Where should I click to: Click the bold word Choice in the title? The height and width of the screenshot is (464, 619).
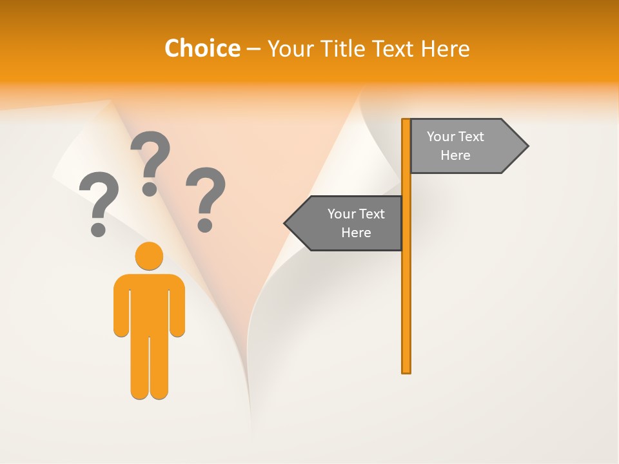point(202,48)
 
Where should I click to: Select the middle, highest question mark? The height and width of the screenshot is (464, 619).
point(150,161)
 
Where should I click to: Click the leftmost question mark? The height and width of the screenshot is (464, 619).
point(99,201)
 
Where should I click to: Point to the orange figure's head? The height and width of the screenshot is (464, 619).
point(149,256)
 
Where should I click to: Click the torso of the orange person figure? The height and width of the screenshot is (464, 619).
point(149,303)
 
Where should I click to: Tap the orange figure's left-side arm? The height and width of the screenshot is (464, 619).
point(121,306)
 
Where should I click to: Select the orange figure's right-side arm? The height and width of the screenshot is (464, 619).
point(177,306)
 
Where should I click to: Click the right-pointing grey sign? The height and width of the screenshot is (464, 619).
point(464,146)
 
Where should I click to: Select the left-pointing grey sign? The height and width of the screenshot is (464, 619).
point(348,224)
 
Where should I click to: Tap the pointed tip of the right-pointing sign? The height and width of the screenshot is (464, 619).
point(526,146)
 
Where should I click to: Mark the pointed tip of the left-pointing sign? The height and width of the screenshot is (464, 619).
point(287,224)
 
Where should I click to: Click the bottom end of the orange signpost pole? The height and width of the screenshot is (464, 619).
point(406,371)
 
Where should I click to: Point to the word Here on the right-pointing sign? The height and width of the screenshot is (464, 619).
point(455,155)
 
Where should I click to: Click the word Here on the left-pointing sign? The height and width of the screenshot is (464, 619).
point(356,233)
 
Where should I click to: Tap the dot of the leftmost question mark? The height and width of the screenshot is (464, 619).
point(98,229)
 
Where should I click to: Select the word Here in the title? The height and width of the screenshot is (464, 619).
point(446,48)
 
